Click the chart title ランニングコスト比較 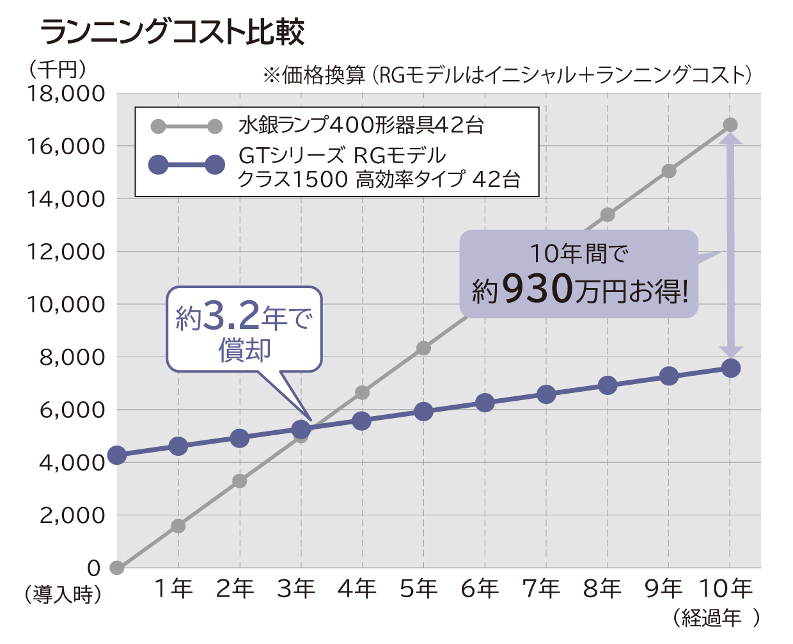[x=173, y=32]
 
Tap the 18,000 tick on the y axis [x=66, y=94]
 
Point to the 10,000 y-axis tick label [x=66, y=305]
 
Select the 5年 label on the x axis [x=419, y=588]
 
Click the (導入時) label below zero [x=63, y=595]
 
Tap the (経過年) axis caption [x=716, y=617]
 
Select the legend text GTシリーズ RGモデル [x=342, y=156]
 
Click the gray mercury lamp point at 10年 [x=730, y=125]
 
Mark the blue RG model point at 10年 [x=730, y=368]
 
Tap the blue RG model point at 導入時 [x=116, y=455]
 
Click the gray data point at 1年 [x=178, y=526]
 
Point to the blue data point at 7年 [x=546, y=394]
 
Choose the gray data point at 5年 [x=423, y=348]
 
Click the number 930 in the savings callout [x=537, y=289]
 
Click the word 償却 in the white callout [x=244, y=350]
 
